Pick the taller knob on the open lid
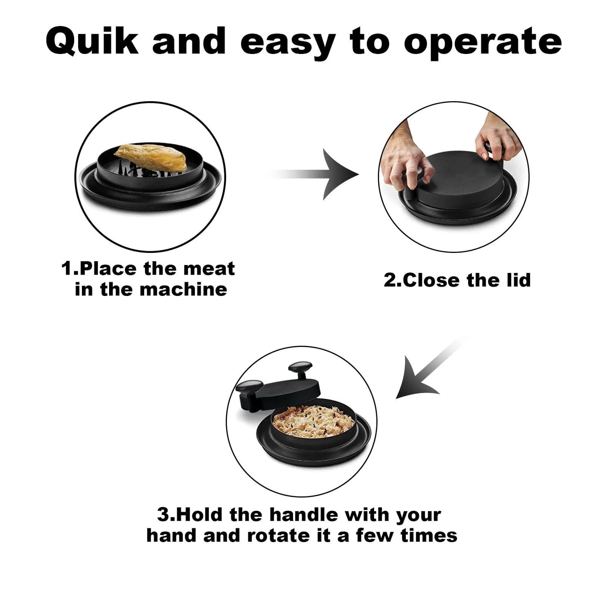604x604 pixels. (301, 370)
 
